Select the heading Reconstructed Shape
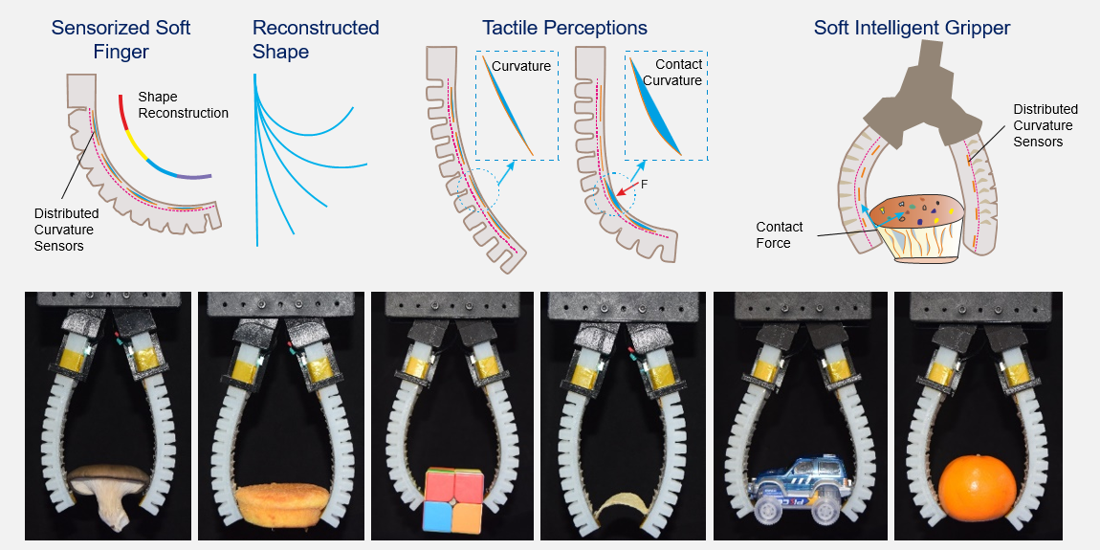316,39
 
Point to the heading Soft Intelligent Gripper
912,28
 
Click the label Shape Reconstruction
183,105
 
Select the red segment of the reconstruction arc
123,113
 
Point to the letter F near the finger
645,182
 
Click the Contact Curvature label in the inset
677,72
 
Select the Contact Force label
779,235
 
